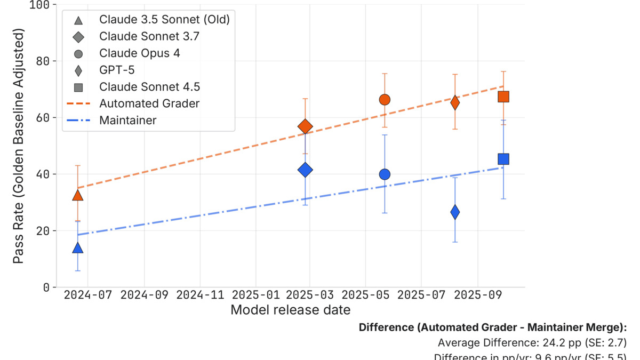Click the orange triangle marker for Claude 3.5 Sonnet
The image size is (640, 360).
(x=78, y=196)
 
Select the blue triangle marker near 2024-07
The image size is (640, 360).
(x=78, y=248)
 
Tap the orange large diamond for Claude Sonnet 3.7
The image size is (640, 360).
(x=305, y=126)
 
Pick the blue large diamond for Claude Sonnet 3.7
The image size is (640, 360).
(x=305, y=170)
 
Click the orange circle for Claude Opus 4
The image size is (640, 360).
(x=385, y=100)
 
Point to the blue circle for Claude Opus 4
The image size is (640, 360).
(x=385, y=174)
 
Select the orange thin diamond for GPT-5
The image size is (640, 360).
(x=455, y=102)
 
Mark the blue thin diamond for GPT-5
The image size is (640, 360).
(x=455, y=212)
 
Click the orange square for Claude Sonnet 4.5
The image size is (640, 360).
(x=503, y=97)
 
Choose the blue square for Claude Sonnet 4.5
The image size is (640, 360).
(x=503, y=159)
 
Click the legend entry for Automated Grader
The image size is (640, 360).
(x=149, y=103)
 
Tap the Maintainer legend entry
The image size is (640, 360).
(x=128, y=121)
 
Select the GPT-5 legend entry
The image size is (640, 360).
(x=117, y=70)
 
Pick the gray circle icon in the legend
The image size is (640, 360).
(x=78, y=53)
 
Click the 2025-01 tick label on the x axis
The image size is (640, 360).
(x=255, y=295)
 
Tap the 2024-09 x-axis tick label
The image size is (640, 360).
(x=145, y=295)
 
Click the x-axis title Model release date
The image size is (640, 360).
(x=291, y=310)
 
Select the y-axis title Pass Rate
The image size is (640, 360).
(x=19, y=147)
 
